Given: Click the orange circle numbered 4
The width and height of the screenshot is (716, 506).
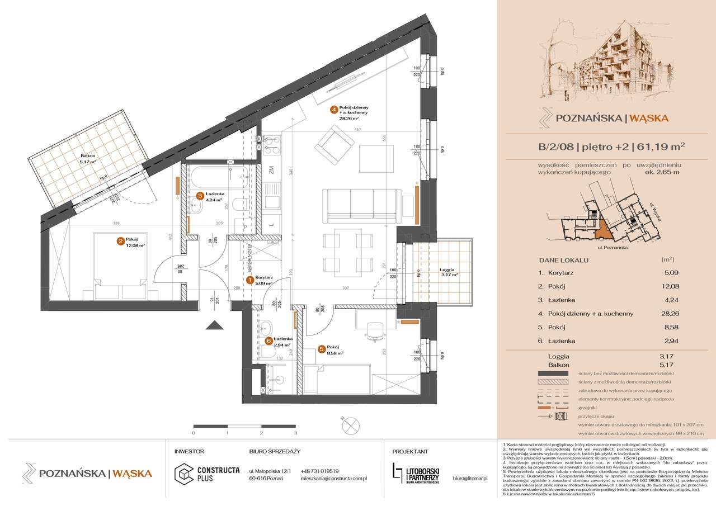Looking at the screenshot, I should click(x=333, y=110).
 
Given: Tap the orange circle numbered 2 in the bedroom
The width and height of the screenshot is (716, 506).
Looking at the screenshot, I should click(x=120, y=242).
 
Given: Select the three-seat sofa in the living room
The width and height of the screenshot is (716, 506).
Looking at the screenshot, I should click(x=361, y=205).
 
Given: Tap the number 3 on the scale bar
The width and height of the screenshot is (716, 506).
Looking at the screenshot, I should click(x=295, y=433).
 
